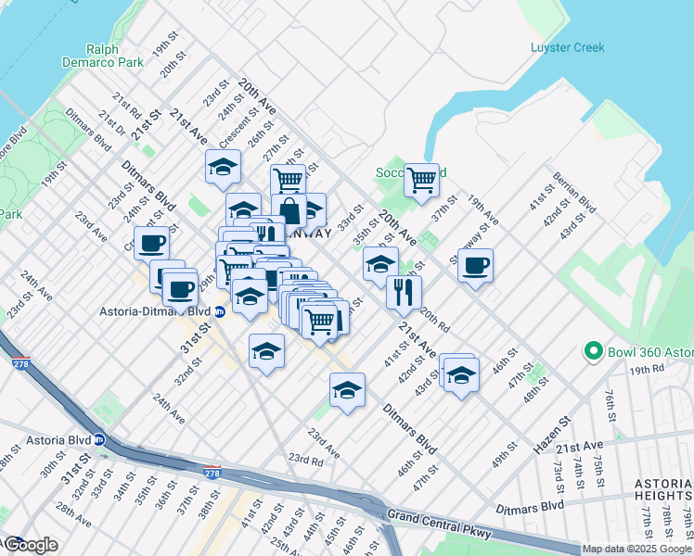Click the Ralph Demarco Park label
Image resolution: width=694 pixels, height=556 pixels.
tap(114, 56)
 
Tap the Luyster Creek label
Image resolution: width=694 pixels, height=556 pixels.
tap(567, 47)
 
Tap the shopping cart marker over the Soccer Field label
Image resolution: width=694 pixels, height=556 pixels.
tap(421, 180)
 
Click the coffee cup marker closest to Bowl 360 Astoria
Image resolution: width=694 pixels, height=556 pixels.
tap(475, 266)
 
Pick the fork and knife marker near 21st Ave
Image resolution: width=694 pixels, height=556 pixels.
tap(404, 292)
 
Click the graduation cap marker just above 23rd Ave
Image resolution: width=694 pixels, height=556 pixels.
tap(347, 390)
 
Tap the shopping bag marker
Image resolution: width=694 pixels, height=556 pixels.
tap(289, 211)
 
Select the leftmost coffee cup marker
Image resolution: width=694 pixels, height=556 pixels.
tap(151, 244)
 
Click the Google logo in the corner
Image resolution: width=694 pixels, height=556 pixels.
tap(30, 545)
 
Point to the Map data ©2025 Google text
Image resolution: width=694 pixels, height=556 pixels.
tap(636, 549)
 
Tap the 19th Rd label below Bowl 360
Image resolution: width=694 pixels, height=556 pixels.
tap(646, 369)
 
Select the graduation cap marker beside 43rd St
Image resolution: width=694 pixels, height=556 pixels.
tap(460, 374)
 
